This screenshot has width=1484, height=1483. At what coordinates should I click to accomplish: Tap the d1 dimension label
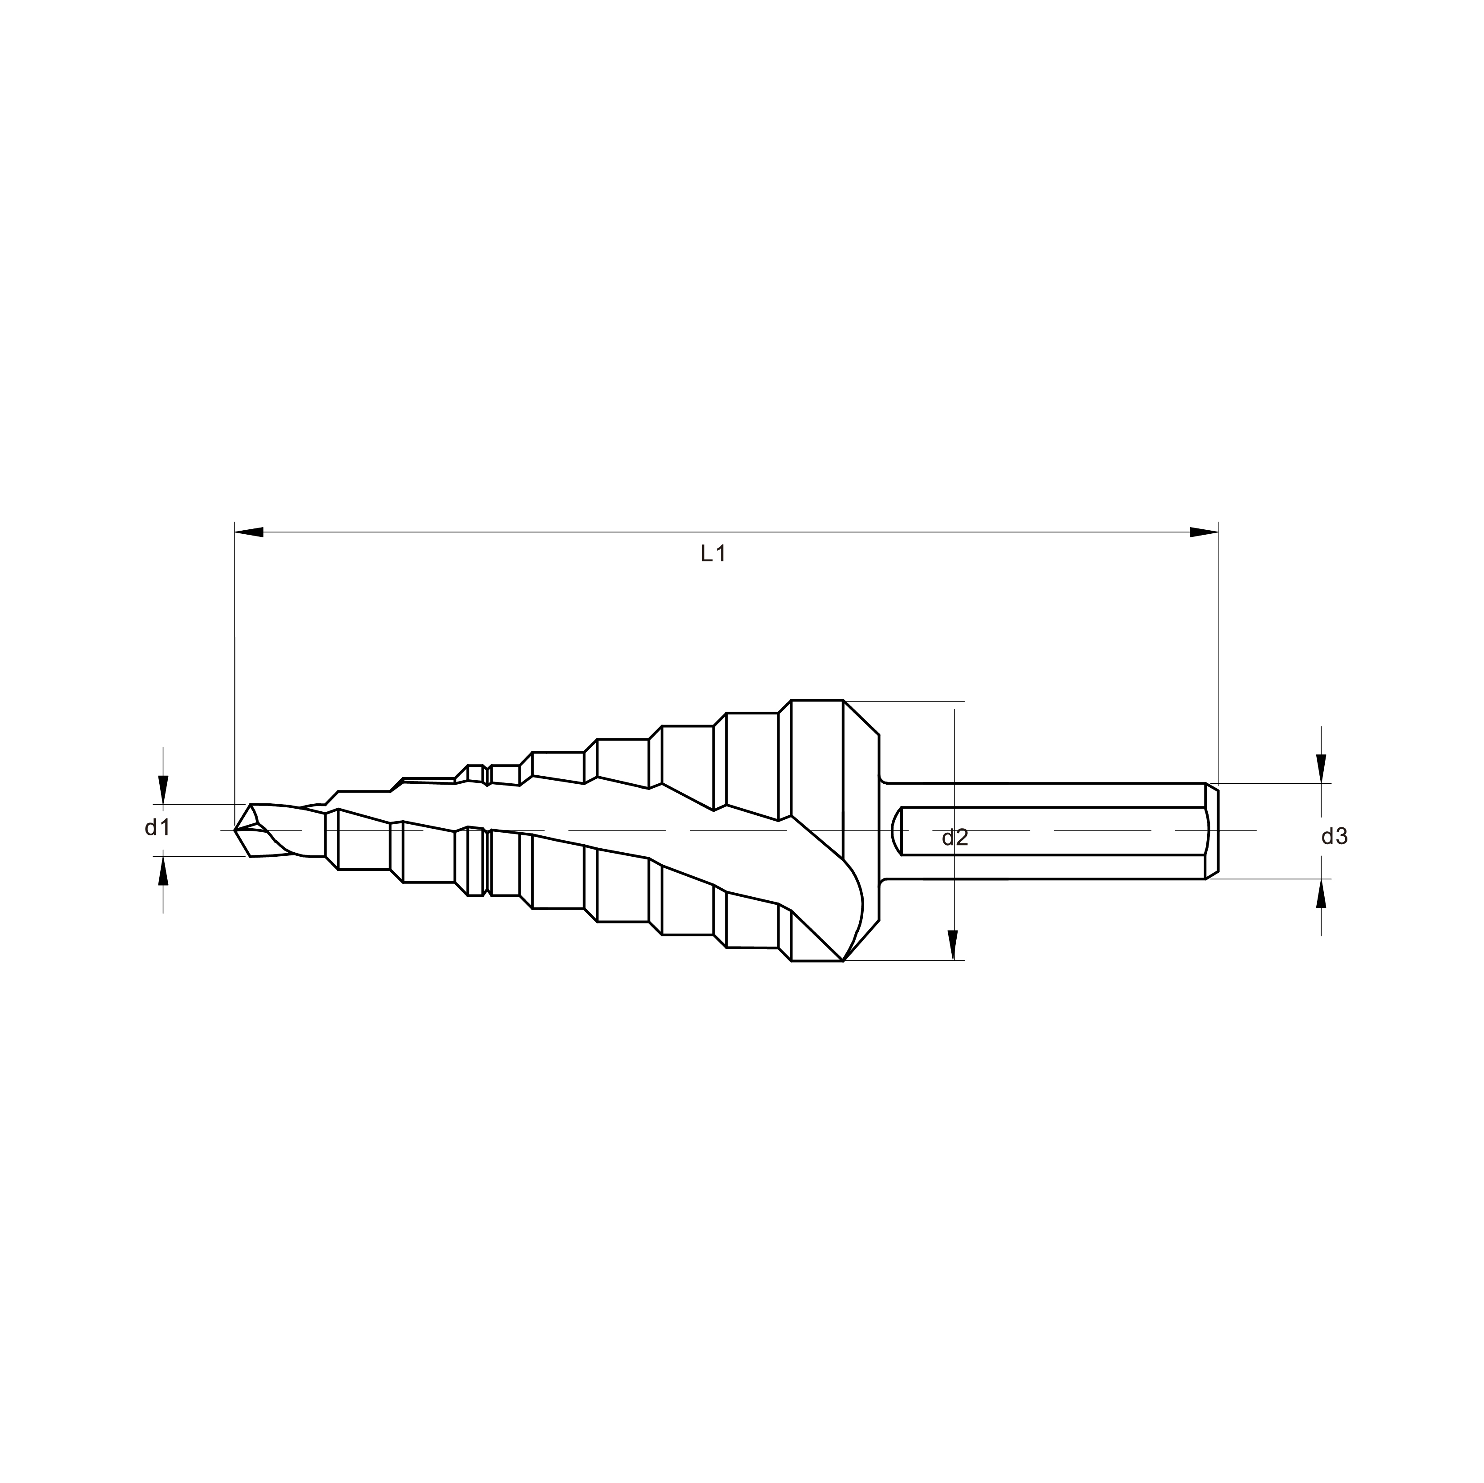[x=158, y=827]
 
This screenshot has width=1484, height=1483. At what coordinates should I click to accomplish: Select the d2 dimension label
[x=955, y=838]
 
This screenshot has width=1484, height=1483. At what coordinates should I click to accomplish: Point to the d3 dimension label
[x=1334, y=836]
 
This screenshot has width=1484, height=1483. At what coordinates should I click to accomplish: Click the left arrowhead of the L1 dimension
[x=249, y=532]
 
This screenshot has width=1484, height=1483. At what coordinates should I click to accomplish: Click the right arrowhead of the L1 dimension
[x=1204, y=532]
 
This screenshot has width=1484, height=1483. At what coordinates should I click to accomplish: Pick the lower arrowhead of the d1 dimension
[x=163, y=871]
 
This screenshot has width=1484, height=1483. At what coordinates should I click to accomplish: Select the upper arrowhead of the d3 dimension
[x=1321, y=769]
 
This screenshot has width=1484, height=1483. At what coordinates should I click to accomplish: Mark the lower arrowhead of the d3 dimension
[x=1321, y=893]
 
